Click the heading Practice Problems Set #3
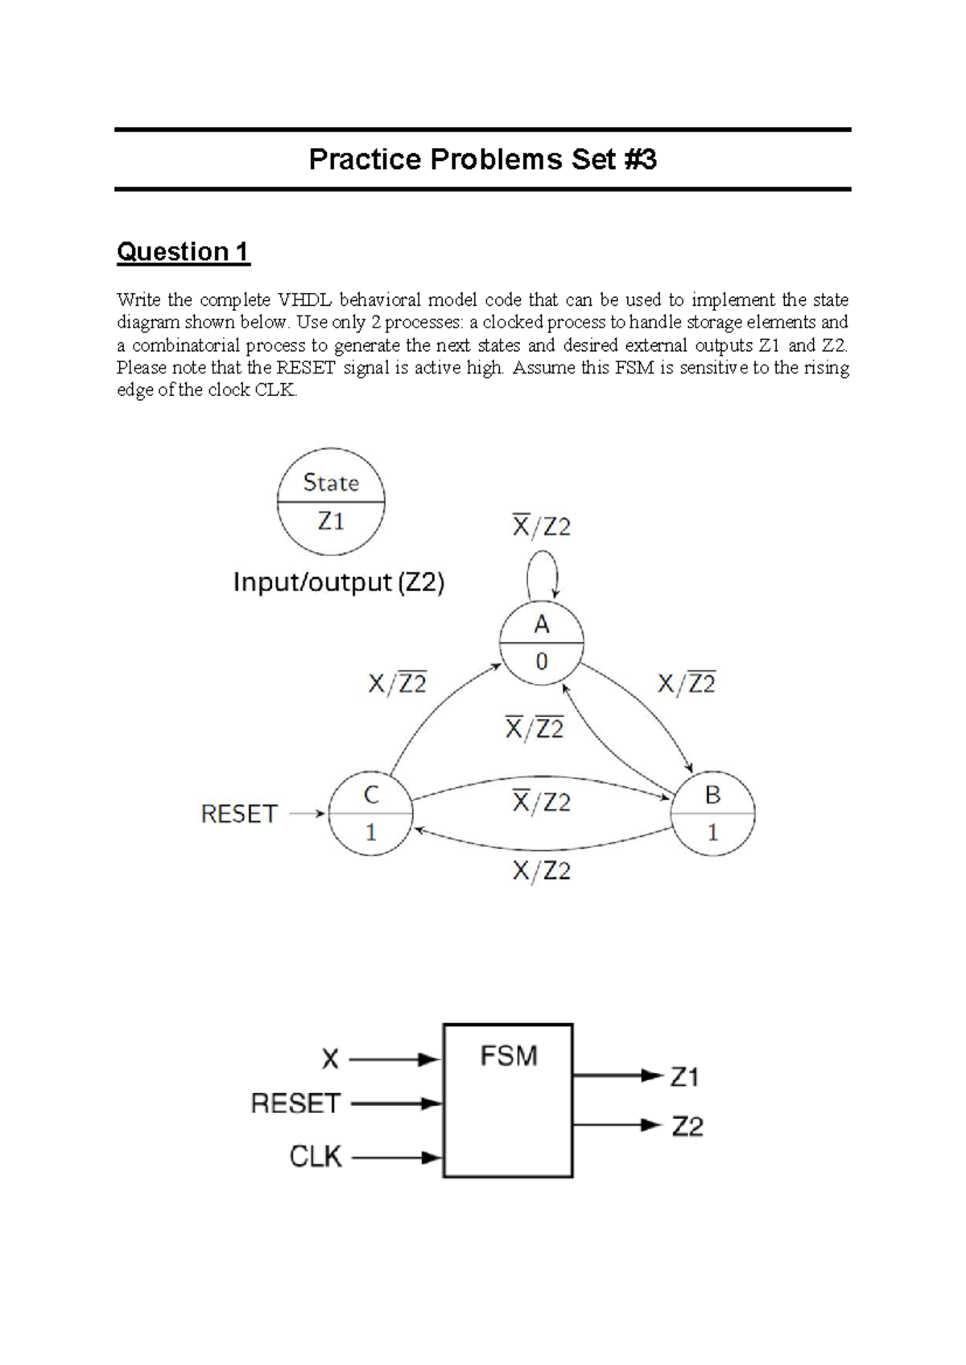482,159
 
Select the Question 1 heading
183,252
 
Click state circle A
541,643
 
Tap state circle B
712,814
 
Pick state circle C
370,814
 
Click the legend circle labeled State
331,501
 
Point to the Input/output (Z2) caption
338,582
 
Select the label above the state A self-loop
541,527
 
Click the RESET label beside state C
239,814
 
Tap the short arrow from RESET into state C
308,814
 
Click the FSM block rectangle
508,1100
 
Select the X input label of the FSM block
330,1059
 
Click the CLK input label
316,1157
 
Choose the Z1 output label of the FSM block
685,1076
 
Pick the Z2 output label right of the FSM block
687,1126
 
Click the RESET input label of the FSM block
295,1103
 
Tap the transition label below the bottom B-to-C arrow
541,871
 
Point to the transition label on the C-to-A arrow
397,684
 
